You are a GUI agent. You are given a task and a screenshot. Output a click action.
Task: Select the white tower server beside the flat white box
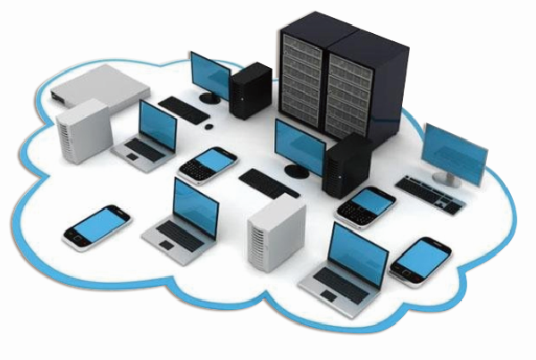tap(81, 131)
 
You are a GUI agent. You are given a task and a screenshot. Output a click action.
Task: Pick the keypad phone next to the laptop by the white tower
tap(208, 164)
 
